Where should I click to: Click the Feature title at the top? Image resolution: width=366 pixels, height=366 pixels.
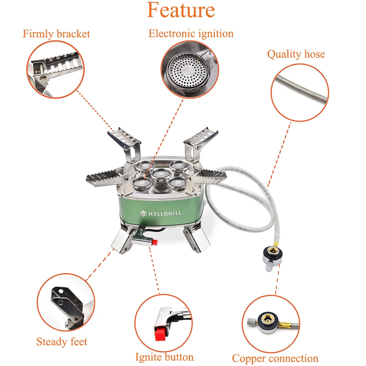[181, 10]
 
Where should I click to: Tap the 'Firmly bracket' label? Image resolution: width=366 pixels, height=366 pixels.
[56, 34]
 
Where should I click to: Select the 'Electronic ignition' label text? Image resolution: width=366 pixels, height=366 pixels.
[191, 34]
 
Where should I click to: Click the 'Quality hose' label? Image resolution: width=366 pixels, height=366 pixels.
[296, 54]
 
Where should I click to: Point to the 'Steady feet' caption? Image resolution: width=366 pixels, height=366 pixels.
[62, 342]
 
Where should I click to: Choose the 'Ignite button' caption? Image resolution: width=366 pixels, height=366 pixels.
[164, 356]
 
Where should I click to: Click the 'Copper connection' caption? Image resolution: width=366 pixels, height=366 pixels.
[275, 358]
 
